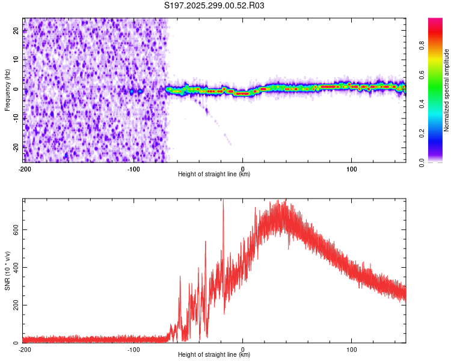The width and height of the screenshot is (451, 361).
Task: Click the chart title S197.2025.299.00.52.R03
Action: (214, 5)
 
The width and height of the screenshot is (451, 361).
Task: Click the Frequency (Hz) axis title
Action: (7, 90)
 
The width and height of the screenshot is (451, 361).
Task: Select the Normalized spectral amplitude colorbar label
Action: (447, 90)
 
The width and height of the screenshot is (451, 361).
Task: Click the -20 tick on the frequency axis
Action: (16, 147)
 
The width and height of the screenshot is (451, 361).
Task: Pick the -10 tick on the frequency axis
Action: (16, 118)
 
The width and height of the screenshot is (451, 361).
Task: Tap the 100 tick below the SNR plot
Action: (352, 350)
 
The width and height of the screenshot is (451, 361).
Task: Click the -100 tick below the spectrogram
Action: (133, 169)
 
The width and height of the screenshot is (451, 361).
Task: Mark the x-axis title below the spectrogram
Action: (214, 174)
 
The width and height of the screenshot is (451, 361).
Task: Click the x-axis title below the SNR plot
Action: (214, 355)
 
